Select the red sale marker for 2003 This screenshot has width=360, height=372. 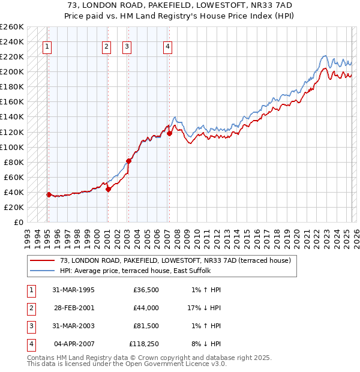coord(128,161)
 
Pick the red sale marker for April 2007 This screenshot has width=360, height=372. coord(169,133)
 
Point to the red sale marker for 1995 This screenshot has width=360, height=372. coord(49,194)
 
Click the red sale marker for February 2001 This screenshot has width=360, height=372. coord(108,189)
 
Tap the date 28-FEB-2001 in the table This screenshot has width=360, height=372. coord(73,308)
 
